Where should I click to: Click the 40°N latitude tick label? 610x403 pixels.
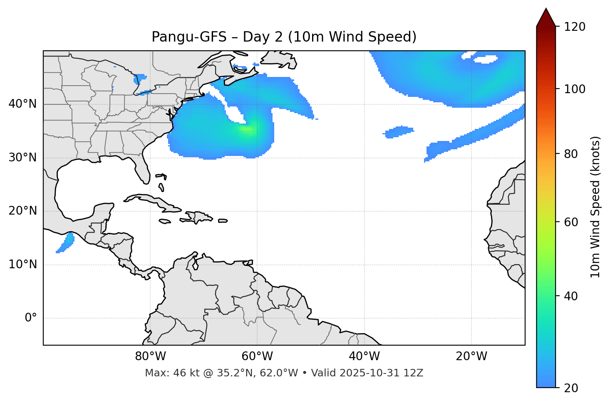tap(22, 104)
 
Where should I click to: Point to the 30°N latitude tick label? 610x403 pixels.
tap(22, 158)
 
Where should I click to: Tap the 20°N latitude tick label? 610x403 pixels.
tap(22, 211)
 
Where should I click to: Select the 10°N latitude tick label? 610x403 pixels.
tap(22, 265)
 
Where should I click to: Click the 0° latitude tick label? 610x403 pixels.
tap(31, 318)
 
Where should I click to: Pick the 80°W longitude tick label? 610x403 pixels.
tap(150, 356)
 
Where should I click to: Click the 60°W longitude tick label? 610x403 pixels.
tap(257, 356)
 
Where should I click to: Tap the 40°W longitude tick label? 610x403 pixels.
tap(364, 356)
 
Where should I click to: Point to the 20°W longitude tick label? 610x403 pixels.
tap(471, 356)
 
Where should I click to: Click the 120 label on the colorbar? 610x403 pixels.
tap(575, 27)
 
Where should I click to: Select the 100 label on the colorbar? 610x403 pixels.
tap(575, 89)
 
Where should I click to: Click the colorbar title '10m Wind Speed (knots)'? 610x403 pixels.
tap(595, 207)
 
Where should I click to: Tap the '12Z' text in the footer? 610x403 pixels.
tap(414, 373)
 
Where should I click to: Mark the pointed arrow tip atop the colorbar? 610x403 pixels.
tap(546, 9)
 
